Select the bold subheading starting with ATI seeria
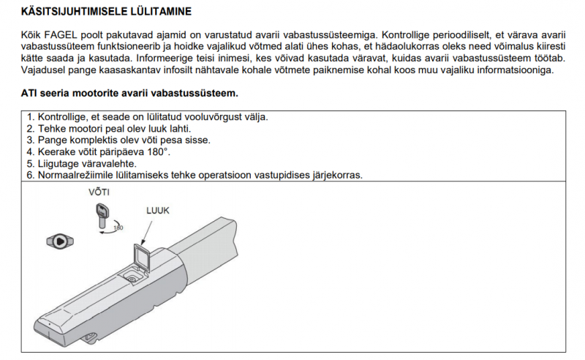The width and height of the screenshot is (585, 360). [129, 94]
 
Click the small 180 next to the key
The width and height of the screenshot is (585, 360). [117, 228]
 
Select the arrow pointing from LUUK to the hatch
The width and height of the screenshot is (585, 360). [146, 230]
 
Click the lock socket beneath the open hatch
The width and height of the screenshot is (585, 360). [132, 277]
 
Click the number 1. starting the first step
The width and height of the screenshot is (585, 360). [30, 117]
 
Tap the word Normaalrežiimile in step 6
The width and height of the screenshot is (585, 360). [69, 176]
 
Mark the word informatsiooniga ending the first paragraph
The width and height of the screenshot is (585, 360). [512, 70]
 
